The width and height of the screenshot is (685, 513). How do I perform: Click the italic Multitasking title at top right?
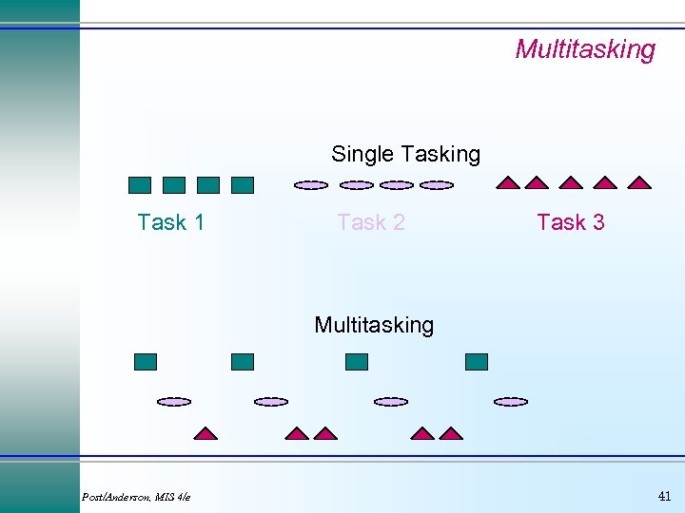tap(585, 49)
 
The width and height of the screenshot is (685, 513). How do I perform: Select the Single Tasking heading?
tap(405, 154)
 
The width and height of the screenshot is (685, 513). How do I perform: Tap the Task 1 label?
tap(171, 222)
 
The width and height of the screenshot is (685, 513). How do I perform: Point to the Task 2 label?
tap(371, 222)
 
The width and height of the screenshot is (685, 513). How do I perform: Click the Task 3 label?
tap(571, 222)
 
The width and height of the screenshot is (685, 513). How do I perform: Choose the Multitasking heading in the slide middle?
tap(374, 325)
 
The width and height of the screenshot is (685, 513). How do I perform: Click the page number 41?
tap(664, 496)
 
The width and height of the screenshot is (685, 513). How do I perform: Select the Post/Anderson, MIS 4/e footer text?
tap(136, 497)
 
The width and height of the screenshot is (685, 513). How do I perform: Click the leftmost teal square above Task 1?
tap(140, 185)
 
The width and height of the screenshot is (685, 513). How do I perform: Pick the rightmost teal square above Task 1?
tap(243, 185)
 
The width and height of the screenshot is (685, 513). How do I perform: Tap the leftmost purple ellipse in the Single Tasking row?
tap(311, 185)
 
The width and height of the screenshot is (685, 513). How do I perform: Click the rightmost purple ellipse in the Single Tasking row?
tap(437, 185)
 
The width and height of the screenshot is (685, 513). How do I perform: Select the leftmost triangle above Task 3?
tap(509, 182)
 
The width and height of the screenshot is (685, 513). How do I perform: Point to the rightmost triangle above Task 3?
tap(639, 182)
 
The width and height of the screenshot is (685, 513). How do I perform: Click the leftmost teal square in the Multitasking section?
tap(146, 361)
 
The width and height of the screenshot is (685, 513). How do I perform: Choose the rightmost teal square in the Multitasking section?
tap(477, 361)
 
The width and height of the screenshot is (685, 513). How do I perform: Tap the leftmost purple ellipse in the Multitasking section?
tap(174, 402)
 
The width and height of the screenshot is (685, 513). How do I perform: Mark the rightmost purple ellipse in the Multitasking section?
tap(511, 402)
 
